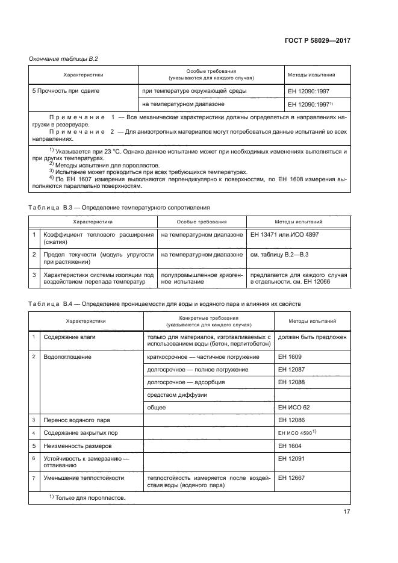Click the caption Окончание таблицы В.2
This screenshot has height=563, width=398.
[x=64, y=58]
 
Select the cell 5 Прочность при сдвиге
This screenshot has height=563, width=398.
[x=66, y=90]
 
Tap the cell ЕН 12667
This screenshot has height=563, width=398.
[x=291, y=477]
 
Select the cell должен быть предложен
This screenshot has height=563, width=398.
[x=312, y=337]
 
